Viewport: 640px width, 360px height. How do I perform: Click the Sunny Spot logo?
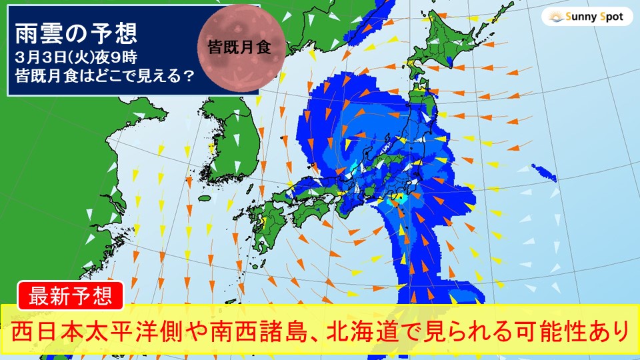point(587,17)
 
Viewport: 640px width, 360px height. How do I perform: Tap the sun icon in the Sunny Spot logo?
point(555,17)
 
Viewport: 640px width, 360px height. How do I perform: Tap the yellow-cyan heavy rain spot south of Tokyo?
point(395,198)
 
